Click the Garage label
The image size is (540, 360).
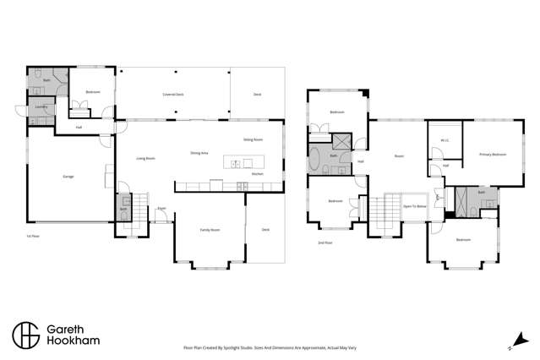pyautogui.click(x=68, y=177)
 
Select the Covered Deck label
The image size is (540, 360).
pyautogui.click(x=174, y=95)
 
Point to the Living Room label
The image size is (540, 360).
pyautogui.click(x=145, y=158)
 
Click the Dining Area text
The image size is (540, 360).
pyautogui.click(x=199, y=153)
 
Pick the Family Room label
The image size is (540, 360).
pyautogui.click(x=210, y=230)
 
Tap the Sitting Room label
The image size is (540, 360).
pyautogui.click(x=253, y=139)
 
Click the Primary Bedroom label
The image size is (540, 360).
pyautogui.click(x=493, y=155)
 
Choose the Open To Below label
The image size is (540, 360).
pyautogui.click(x=413, y=206)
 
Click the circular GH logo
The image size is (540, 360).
pyautogui.click(x=25, y=334)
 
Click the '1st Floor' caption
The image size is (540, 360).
pyautogui.click(x=33, y=237)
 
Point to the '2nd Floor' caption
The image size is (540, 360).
pyautogui.click(x=325, y=243)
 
